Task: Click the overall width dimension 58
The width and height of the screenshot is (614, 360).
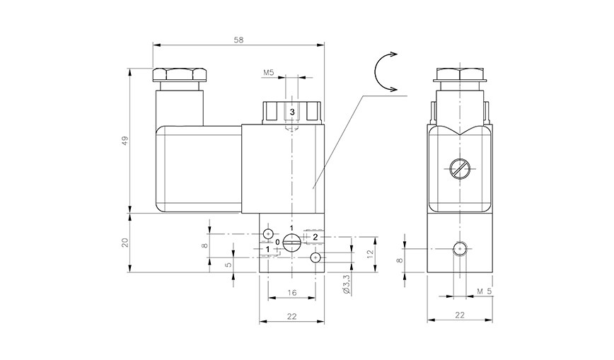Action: click(238, 40)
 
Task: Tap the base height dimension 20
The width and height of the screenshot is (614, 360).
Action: click(125, 242)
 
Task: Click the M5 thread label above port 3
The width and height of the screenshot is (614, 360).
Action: click(269, 73)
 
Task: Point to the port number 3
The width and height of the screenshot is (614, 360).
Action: click(291, 112)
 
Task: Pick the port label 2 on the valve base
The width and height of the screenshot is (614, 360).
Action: click(315, 236)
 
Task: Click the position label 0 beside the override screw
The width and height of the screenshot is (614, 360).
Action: click(277, 242)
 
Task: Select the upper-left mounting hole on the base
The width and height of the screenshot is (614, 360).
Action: click(269, 233)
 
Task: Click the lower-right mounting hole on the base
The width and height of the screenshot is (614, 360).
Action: click(315, 256)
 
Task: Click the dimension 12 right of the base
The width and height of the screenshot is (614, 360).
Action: click(370, 253)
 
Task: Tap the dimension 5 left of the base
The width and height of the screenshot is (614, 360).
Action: click(228, 265)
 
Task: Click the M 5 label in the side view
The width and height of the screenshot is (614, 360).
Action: click(484, 291)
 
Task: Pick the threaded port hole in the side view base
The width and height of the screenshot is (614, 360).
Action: click(460, 248)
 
